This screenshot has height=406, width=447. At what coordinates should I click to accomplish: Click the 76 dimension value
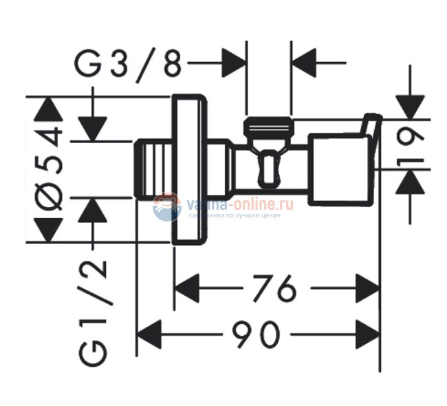274,286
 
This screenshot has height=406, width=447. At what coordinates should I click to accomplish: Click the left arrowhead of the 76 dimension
186,287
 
